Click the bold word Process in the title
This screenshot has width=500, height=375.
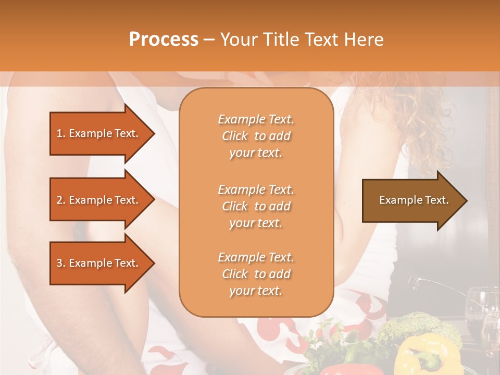(x=164, y=40)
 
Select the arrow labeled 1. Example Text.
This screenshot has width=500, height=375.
(x=99, y=133)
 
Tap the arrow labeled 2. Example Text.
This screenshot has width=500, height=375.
(x=99, y=200)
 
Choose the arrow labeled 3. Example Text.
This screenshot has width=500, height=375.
(x=99, y=263)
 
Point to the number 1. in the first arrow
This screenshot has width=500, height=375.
(x=60, y=133)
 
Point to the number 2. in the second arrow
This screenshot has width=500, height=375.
(x=60, y=200)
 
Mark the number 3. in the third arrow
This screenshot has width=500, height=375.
(x=60, y=263)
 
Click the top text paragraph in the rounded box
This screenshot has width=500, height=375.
(x=256, y=136)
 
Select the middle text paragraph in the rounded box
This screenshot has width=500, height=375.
(x=256, y=206)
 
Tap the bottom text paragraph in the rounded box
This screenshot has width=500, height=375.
(x=256, y=274)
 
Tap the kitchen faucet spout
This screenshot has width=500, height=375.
(x=417, y=282)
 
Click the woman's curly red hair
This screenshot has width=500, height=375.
(x=422, y=120)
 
